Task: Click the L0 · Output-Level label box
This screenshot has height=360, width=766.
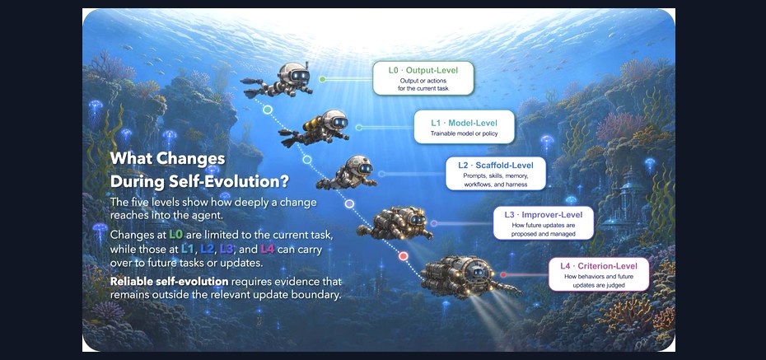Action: tap(423, 77)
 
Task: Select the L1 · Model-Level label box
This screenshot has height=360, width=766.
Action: tap(464, 127)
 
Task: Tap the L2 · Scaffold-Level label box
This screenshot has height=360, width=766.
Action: tap(495, 173)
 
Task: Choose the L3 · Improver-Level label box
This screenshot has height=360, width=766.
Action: tap(544, 222)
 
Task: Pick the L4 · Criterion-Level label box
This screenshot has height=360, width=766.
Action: tap(599, 274)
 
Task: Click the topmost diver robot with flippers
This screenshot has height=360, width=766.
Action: tap(278, 80)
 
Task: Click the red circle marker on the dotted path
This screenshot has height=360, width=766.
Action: tap(403, 256)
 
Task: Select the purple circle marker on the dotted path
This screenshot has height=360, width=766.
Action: tap(349, 203)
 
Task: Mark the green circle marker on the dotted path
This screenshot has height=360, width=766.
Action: tap(267, 110)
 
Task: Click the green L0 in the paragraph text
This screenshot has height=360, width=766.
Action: tap(175, 235)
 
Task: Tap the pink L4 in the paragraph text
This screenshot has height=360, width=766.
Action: tap(267, 249)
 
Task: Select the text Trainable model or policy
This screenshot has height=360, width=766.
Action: tap(464, 133)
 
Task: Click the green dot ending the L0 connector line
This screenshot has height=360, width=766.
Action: tap(322, 78)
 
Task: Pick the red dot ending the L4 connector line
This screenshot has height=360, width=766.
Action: tap(503, 275)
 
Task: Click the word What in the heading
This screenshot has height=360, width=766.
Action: tap(127, 159)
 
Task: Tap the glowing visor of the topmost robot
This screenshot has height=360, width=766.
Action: tap(299, 75)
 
